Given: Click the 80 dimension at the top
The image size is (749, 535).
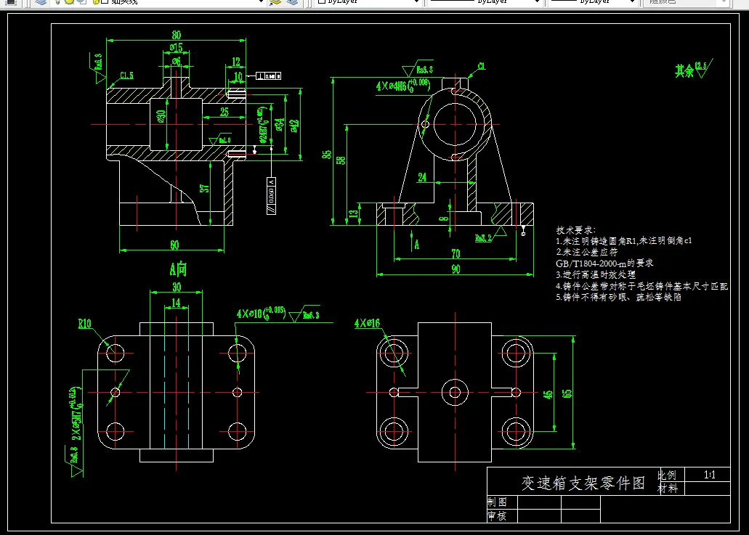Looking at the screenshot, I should coord(177,35).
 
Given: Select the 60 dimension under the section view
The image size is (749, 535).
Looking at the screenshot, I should coord(174,244).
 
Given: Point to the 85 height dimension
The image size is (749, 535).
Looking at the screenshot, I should coord(328,154).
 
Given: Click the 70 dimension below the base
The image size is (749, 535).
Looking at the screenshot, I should coord(456,253).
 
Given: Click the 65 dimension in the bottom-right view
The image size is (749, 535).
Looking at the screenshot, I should coord(567,393).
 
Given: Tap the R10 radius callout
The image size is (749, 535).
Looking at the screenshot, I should coord(85,324).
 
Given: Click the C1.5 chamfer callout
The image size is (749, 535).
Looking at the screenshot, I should coord(126,75).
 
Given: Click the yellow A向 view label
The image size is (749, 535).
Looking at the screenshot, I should coord(178,270).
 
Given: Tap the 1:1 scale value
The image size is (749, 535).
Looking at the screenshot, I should coord(710,475).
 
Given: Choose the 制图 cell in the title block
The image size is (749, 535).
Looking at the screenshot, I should coord(498,502).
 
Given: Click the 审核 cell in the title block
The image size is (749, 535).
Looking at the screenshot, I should coord(498,516).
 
